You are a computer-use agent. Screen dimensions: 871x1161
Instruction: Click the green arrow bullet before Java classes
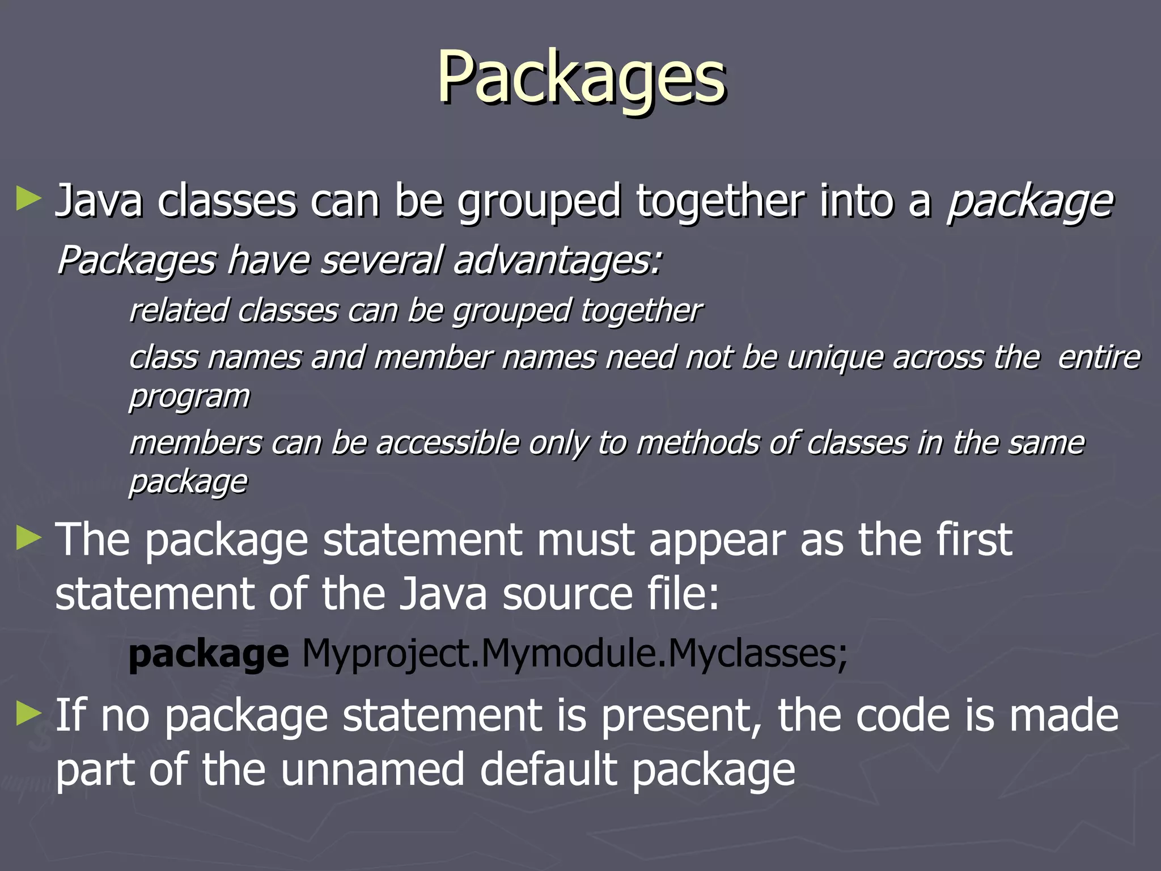click(x=29, y=199)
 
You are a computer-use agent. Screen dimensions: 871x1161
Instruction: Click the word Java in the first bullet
click(x=99, y=201)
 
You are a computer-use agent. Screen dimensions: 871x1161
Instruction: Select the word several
click(x=381, y=261)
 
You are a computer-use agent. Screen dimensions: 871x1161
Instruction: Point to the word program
click(x=189, y=396)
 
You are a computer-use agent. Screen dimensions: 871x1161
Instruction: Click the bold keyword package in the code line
click(x=209, y=654)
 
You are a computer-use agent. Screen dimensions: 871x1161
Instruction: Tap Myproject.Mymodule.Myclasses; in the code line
click(x=574, y=654)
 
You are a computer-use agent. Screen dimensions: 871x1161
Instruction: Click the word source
click(x=567, y=594)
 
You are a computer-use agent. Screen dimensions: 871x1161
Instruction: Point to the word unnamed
click(x=372, y=769)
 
